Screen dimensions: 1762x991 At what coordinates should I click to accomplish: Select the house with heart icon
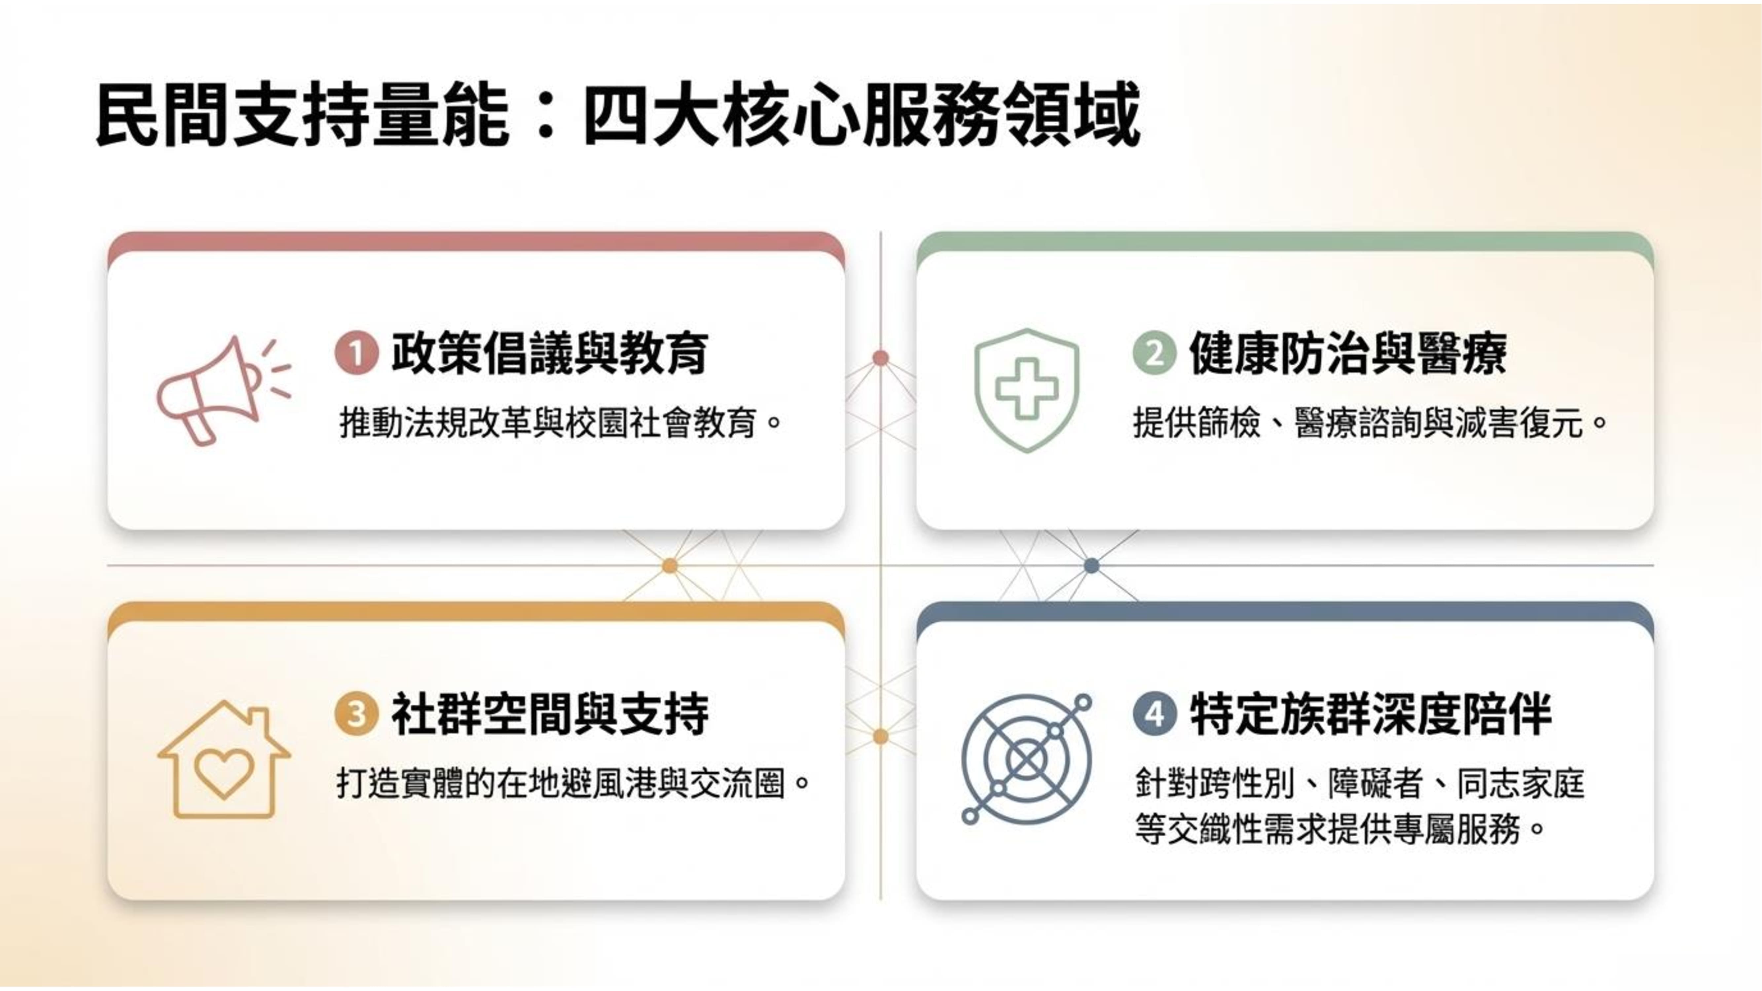click(x=224, y=759)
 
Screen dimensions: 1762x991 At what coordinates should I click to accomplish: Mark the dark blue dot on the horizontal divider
click(x=1092, y=566)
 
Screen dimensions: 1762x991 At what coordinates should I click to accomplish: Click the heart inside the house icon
click(x=224, y=773)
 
